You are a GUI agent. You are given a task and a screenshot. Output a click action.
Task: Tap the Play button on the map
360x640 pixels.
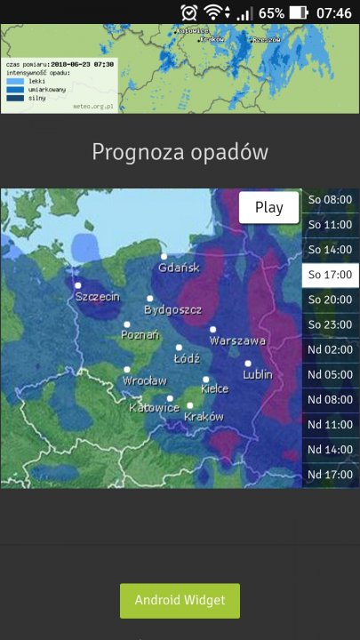point(268,207)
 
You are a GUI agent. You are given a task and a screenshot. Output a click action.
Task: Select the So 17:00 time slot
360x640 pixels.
point(330,275)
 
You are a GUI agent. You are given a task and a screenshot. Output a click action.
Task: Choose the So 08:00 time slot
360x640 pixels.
point(330,200)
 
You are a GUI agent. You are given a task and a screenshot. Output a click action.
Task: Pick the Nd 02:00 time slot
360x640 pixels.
point(330,350)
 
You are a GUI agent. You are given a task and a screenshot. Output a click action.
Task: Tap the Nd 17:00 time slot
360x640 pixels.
point(330,475)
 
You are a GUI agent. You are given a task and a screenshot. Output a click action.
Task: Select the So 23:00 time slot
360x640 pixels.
point(330,324)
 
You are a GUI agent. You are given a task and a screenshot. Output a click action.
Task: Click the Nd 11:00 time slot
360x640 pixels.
point(330,425)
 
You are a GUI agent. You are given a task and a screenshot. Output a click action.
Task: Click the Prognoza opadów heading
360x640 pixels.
point(180,152)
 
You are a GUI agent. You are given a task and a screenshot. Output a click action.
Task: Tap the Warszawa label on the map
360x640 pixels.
point(237,340)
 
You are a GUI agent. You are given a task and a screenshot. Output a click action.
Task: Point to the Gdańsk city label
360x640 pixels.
point(180,268)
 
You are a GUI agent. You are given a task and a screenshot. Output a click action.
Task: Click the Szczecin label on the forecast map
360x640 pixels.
point(97,296)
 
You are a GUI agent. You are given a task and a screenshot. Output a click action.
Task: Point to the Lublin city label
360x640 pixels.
point(257,374)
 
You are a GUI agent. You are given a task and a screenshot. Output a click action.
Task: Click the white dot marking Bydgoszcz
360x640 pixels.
point(150,299)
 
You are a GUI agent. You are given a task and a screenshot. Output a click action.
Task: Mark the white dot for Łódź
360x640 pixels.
point(179,348)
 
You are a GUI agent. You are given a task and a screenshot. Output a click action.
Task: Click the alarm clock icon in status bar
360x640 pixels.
point(188,12)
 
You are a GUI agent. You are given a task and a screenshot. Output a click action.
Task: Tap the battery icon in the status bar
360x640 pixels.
point(299,12)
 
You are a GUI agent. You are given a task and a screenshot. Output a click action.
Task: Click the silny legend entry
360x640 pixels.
point(36,97)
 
